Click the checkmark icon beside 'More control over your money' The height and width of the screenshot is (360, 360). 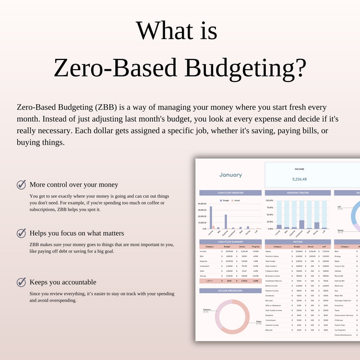pos(22,185)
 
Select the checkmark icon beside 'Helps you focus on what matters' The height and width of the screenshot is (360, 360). pos(22,233)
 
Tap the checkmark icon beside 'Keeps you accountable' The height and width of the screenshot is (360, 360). pos(22,281)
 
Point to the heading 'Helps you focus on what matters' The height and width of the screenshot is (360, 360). pos(77,233)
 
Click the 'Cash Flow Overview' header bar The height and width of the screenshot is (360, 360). pos(230,193)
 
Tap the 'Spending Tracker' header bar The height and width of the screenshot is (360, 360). pos(297,193)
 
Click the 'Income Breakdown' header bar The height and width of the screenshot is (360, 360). pos(230,291)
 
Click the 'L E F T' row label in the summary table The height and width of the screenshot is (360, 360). pos(210,280)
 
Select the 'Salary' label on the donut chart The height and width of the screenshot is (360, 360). pos(259,322)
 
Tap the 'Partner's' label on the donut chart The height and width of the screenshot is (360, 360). pos(206,310)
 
